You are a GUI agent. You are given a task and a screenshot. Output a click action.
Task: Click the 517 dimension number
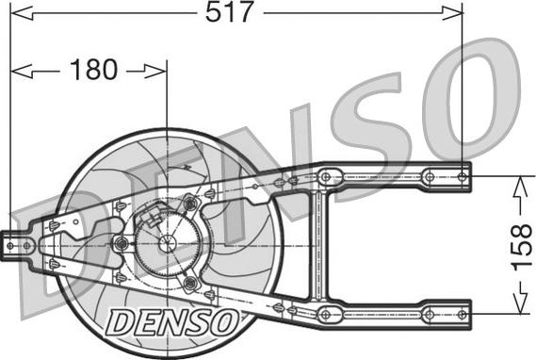click(229, 12)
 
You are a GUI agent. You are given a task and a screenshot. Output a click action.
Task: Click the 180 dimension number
click(93, 70)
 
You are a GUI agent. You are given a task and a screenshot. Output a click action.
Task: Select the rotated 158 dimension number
click(522, 245)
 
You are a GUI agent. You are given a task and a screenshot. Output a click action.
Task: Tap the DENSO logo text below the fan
click(172, 322)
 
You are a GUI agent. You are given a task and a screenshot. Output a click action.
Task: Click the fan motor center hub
click(167, 243)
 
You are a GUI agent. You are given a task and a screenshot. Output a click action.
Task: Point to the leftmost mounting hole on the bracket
click(10, 245)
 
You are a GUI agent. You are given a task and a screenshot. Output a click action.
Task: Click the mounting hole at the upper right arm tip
click(463, 177)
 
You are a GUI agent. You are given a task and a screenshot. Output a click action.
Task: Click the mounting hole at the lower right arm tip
click(463, 314)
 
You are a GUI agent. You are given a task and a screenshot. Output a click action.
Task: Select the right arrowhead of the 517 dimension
click(452, 13)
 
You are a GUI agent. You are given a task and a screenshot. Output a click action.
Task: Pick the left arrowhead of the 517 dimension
click(22, 13)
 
